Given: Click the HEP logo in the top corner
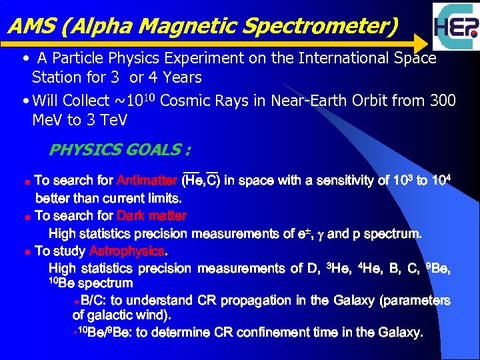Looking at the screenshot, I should [x=455, y=27].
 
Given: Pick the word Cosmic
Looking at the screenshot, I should [x=189, y=101].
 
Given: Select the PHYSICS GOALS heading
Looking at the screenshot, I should [x=115, y=149].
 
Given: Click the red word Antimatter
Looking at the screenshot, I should [x=147, y=181].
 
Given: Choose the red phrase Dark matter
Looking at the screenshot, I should [x=151, y=216].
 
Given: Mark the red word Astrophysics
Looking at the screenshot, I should [x=126, y=251].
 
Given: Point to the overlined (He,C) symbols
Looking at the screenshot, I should [x=202, y=180].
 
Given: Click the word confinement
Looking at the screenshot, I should [x=255, y=332].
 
